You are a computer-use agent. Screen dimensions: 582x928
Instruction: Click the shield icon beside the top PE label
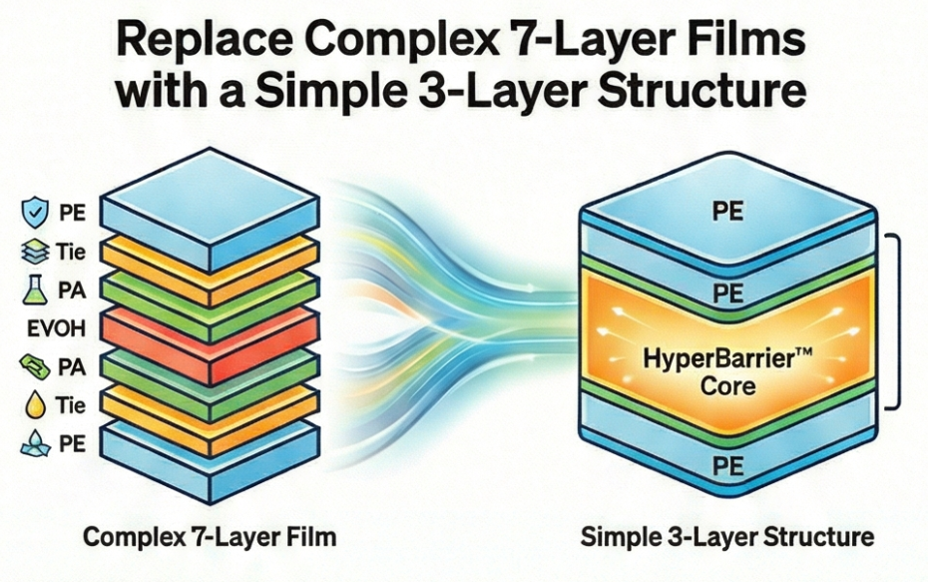(31, 213)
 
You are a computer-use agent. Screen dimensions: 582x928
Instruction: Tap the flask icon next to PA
(31, 292)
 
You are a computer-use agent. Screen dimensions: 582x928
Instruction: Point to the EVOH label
(47, 329)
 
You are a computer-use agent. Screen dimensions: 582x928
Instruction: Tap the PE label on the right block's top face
(727, 212)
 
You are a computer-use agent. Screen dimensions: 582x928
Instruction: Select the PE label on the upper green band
(727, 293)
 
